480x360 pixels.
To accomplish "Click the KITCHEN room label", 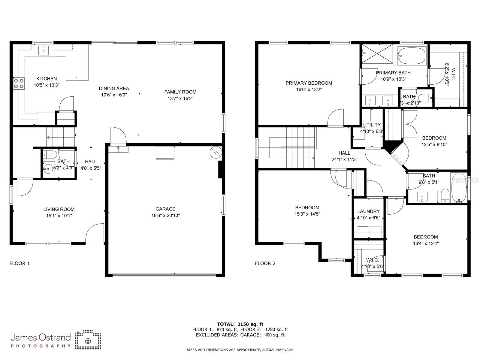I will (x=47, y=79).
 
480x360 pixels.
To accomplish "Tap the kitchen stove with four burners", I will (x=19, y=83).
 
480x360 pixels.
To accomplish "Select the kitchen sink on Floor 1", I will (x=44, y=50).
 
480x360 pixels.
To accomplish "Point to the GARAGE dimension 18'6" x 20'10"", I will (x=165, y=215).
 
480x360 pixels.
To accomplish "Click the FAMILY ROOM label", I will (x=180, y=92).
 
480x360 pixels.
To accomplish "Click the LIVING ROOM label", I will (x=59, y=209).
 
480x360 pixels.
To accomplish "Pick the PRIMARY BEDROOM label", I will (x=309, y=83).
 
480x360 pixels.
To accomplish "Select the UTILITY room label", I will (x=372, y=125).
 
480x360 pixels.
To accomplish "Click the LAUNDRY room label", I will (x=368, y=211).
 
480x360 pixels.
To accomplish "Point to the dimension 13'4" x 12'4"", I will (x=426, y=244).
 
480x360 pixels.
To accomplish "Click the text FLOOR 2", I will (x=265, y=263).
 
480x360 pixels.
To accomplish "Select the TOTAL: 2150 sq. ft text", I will (x=240, y=324).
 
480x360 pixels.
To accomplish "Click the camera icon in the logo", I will (x=88, y=340).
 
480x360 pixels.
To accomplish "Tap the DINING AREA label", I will (x=114, y=88).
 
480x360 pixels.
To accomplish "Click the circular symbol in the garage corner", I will (x=215, y=152).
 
